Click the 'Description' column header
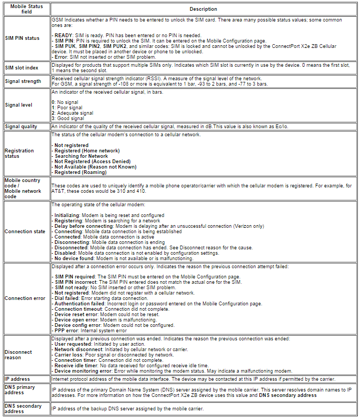pos(203,9)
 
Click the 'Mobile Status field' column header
pos(25,9)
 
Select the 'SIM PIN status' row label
pos(22,38)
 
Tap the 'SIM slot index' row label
pos(22,68)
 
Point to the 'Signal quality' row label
pos(21,127)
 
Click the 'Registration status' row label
pos(19,153)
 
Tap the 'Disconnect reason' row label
pos(18,355)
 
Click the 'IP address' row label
pos(18,379)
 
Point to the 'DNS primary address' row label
pos(20,390)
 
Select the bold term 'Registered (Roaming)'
pos(80,172)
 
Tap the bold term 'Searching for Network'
pos(81,156)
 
